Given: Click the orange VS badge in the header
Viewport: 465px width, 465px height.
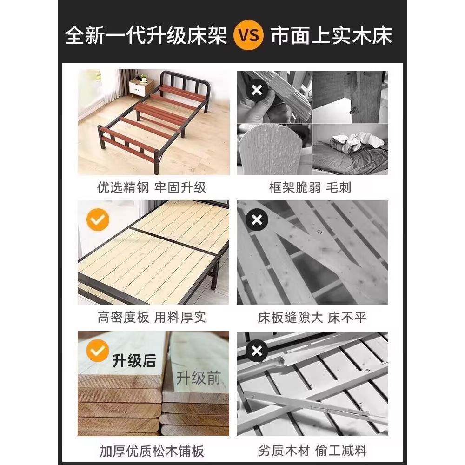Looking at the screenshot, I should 248,36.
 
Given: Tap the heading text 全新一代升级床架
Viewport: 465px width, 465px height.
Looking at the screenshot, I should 146,36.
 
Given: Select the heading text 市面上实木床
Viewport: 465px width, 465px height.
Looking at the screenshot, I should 332,36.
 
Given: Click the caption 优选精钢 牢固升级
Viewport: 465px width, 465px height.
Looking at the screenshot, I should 152,188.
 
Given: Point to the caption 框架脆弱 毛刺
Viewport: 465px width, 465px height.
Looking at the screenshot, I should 310,188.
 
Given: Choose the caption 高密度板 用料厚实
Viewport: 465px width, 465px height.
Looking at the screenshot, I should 152,318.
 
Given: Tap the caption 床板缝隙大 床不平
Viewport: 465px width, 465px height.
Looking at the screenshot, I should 312,318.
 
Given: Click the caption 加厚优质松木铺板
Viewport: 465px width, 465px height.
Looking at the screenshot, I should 152,451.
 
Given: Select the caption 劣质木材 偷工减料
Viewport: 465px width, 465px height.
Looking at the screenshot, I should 313,451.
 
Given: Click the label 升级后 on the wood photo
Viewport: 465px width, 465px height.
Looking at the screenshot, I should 134,361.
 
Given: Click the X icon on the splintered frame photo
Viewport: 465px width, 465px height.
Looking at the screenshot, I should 256,91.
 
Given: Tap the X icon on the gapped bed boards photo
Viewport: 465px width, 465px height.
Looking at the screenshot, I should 256,220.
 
